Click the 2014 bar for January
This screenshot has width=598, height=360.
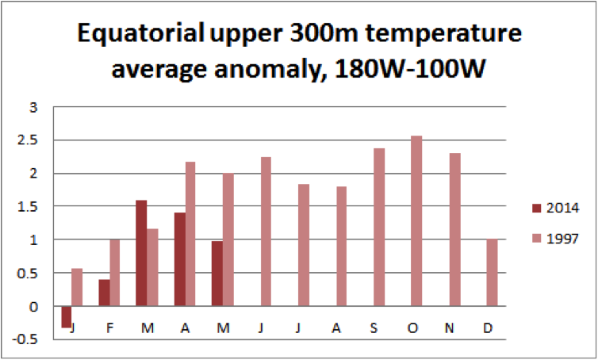pos(66,316)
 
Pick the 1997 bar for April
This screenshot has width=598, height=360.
pos(190,234)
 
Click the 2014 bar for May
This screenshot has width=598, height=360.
pos(217,274)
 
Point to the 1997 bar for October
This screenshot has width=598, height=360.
pos(416,221)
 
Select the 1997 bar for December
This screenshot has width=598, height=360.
pos(491,273)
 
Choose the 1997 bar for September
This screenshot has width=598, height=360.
pos(379,227)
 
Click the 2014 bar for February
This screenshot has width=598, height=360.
pos(104,293)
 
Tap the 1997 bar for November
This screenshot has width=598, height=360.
pos(454,230)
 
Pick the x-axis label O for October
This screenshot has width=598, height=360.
pos(412,327)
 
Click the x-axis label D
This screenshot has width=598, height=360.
pos(486,327)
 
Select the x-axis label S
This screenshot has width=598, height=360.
pos(374,327)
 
